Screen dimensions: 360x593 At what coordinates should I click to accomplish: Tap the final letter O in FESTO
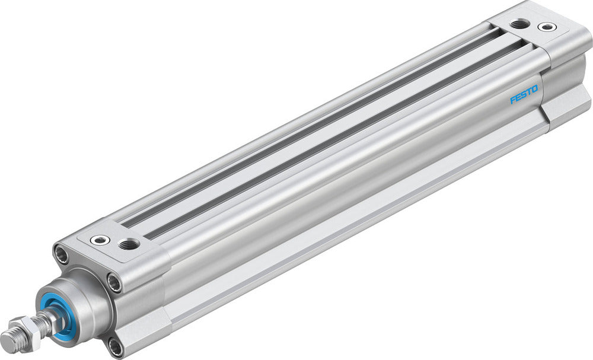pyautogui.click(x=535, y=90)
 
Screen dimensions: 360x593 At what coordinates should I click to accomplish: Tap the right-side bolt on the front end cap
pyautogui.click(x=114, y=282)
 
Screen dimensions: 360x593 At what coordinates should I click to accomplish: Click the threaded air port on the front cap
pyautogui.click(x=128, y=243)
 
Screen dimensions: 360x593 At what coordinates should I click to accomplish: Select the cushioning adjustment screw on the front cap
pyautogui.click(x=100, y=240)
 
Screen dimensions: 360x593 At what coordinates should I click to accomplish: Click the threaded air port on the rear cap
pyautogui.click(x=520, y=24)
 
